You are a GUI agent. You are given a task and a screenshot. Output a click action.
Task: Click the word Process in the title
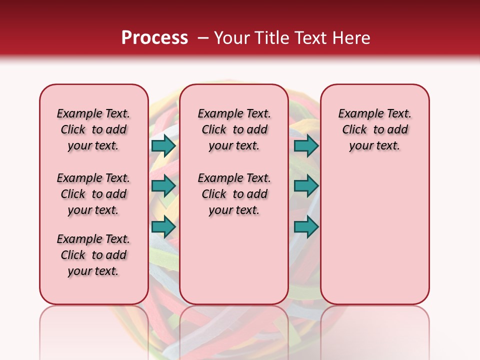[x=154, y=38]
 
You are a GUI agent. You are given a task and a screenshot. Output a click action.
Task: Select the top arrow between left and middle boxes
[x=163, y=145]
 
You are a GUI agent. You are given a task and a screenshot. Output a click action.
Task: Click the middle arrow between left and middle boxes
[x=163, y=186]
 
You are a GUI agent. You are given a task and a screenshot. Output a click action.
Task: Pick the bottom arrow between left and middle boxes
[x=163, y=227]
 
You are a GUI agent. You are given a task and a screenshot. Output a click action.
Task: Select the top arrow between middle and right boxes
[x=306, y=145]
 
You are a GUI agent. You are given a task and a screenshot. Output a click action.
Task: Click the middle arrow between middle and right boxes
[x=306, y=186]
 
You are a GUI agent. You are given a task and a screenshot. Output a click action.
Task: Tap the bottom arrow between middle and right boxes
[x=306, y=227]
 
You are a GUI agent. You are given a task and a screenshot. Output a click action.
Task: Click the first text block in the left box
[x=93, y=129]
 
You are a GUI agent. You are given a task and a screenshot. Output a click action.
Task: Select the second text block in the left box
[x=93, y=194]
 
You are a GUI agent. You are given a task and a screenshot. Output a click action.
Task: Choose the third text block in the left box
[x=93, y=255]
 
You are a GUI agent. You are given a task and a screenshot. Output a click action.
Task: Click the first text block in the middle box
[x=234, y=129]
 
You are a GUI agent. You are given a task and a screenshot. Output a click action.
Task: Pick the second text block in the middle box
[x=234, y=194]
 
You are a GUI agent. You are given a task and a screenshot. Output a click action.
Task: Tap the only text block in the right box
[x=375, y=129]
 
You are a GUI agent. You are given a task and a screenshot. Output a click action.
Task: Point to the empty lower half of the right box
[x=375, y=235]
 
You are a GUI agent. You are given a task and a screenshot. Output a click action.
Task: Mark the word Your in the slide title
[x=232, y=38]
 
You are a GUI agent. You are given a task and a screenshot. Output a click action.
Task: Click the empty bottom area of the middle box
[x=234, y=265]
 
